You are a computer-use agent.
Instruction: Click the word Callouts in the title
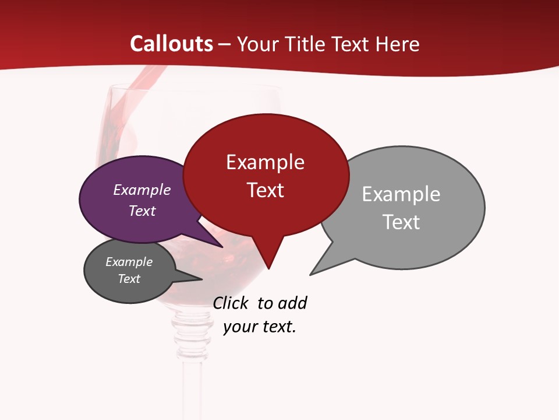[171, 44]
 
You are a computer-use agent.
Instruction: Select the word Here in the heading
[398, 44]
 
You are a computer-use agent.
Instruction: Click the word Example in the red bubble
[265, 162]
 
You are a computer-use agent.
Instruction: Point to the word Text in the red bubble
[265, 190]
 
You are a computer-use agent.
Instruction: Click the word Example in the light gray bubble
[401, 194]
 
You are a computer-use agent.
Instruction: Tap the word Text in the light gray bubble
[401, 222]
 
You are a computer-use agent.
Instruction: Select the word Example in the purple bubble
[142, 190]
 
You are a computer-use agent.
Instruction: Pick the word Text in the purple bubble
[142, 211]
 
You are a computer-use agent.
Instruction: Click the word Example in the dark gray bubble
[129, 262]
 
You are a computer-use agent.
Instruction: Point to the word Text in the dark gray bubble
[129, 279]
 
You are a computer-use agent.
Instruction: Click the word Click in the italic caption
[231, 303]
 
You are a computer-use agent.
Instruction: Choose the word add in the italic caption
[292, 303]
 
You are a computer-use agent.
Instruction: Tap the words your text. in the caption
[260, 327]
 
